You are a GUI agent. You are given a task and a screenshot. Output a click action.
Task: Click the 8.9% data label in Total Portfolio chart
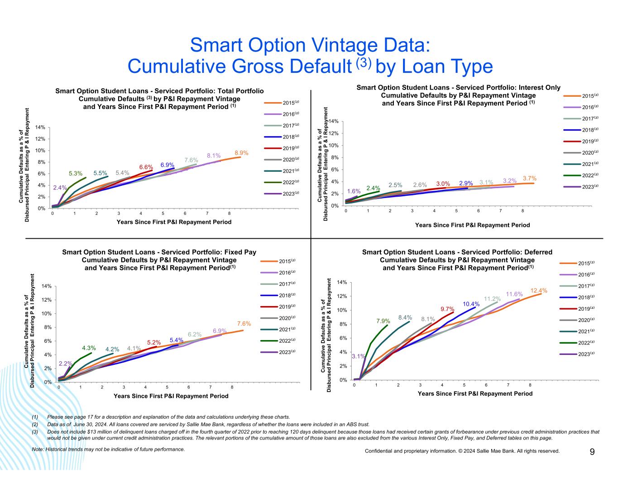[x=241, y=153]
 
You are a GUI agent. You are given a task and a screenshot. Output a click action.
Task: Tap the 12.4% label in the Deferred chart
[x=539, y=290]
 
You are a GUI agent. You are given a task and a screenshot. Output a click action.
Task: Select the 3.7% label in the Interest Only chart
[x=530, y=179]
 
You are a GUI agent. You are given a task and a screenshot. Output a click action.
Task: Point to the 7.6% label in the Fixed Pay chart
[x=244, y=324]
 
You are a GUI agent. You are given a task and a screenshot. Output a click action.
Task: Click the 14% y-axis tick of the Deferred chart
[x=342, y=283]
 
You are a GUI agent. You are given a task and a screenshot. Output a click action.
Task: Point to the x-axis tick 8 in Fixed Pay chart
[x=232, y=387]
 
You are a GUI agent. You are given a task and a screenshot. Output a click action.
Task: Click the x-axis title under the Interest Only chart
[x=472, y=225]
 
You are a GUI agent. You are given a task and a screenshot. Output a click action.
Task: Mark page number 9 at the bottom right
[x=592, y=452]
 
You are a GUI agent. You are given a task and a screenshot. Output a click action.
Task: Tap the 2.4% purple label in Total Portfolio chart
[x=60, y=188]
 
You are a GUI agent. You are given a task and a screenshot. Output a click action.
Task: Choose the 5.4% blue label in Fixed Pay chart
[x=176, y=340]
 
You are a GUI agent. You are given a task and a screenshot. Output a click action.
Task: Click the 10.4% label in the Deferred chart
[x=471, y=304]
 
